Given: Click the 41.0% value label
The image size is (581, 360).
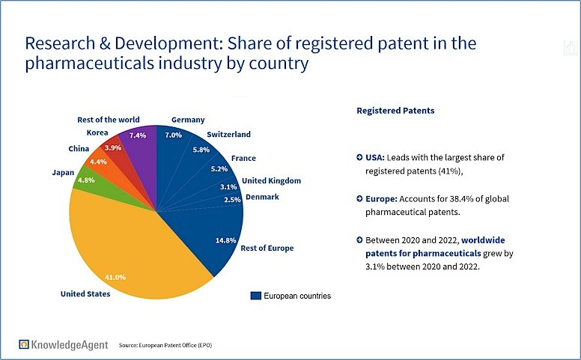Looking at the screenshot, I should pyautogui.click(x=115, y=278).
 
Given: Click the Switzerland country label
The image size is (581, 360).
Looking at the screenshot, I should pyautogui.click(x=228, y=135).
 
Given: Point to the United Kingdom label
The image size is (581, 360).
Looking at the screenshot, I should pyautogui.click(x=271, y=180).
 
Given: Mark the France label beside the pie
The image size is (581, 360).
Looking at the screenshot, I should pyautogui.click(x=243, y=159).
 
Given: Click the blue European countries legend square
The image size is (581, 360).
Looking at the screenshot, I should pyautogui.click(x=256, y=296).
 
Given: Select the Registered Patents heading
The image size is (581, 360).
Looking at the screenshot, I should pyautogui.click(x=395, y=110).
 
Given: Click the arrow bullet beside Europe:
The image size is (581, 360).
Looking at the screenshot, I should pyautogui.click(x=360, y=200).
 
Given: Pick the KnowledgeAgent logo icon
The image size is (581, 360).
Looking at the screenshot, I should pyautogui.click(x=25, y=344).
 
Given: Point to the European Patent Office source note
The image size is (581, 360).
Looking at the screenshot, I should pyautogui.click(x=168, y=345).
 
